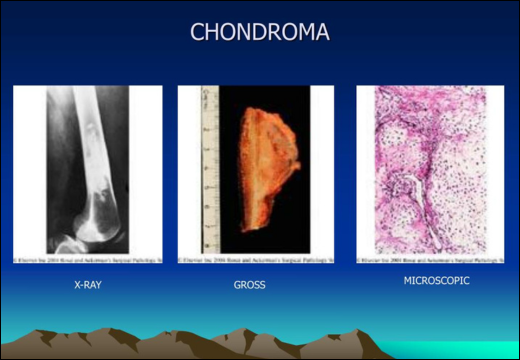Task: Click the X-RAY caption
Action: (88, 285)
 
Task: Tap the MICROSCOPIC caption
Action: (436, 281)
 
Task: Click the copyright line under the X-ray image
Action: (88, 259)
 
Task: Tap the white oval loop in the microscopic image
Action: (406, 194)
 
